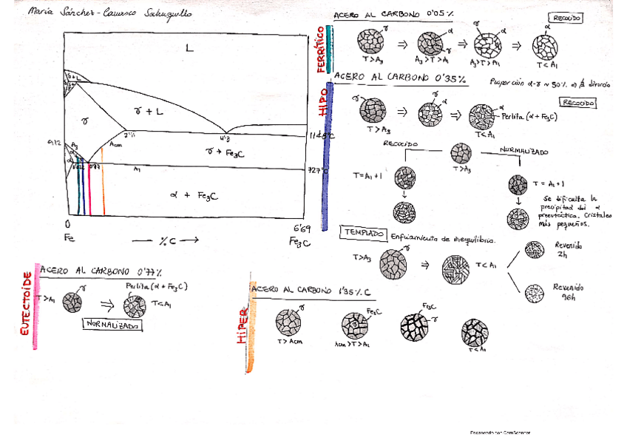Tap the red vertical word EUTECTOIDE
(x=27, y=304)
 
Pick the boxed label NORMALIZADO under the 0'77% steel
(x=113, y=324)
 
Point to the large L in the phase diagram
(x=189, y=48)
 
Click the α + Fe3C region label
(x=193, y=196)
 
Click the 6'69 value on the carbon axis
(x=301, y=228)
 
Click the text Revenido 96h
(x=568, y=291)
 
